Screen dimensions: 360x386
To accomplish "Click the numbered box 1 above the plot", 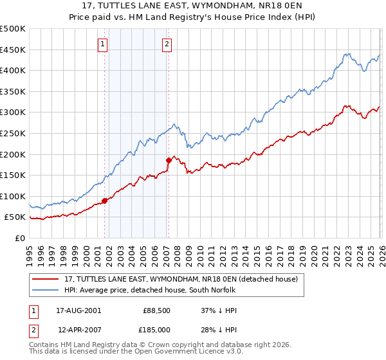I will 103,44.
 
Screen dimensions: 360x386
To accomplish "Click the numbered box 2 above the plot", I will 167,44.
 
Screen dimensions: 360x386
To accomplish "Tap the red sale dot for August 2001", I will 104,201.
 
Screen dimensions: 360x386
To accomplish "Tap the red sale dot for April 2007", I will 169,160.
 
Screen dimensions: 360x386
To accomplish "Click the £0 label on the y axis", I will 20,238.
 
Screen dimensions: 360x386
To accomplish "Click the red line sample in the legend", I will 46,280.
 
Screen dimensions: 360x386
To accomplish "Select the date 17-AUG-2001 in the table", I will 79,310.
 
